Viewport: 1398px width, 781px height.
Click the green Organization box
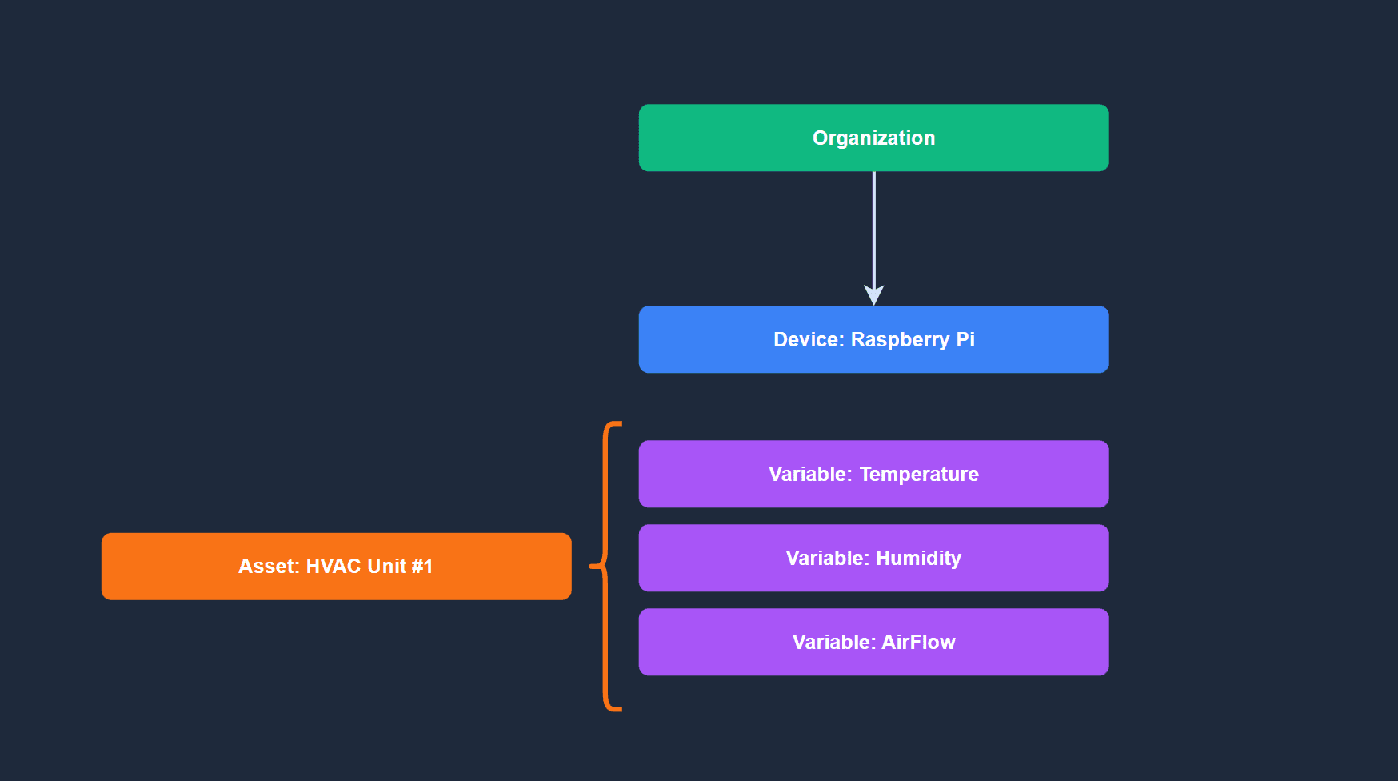[873, 138]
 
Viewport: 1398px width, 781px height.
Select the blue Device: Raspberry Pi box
[873, 339]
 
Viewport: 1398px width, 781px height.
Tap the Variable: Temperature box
[873, 474]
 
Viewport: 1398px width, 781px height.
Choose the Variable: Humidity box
[873, 558]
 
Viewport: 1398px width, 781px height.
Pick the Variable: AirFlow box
[873, 642]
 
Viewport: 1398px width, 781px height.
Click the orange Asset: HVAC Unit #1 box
[336, 567]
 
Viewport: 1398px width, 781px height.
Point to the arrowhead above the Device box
[873, 295]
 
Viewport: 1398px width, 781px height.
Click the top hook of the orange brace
[614, 424]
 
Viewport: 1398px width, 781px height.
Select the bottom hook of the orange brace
[614, 708]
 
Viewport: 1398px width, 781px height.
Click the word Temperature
[919, 475]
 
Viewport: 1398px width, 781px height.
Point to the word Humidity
[918, 559]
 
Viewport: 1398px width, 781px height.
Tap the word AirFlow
[918, 643]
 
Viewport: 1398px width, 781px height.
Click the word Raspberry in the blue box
[900, 340]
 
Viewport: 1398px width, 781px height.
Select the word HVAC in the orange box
[334, 567]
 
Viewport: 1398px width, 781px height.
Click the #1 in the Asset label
[422, 567]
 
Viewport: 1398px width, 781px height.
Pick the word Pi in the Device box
[965, 339]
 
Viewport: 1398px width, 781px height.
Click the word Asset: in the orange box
[269, 567]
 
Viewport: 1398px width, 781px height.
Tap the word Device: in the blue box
[809, 339]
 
